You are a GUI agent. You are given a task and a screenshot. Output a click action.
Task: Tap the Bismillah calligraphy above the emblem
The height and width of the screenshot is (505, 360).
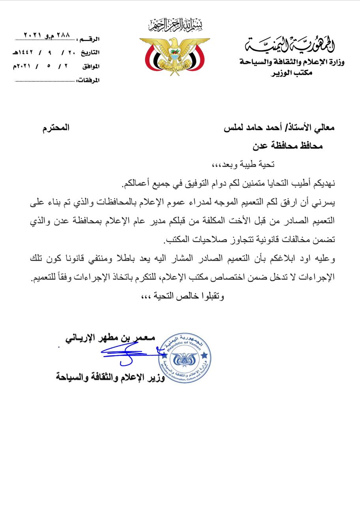coord(175,25)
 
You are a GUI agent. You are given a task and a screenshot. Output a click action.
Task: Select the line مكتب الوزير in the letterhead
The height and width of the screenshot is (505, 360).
coord(292,73)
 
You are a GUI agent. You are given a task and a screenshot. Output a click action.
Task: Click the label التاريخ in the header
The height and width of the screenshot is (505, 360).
coord(90,52)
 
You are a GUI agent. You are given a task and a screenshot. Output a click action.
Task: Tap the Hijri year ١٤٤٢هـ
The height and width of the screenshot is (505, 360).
coord(23,52)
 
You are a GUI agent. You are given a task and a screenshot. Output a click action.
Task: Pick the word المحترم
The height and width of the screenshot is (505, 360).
coord(56,128)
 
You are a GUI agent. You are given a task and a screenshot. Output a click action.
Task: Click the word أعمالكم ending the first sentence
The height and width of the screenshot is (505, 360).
coord(138,183)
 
